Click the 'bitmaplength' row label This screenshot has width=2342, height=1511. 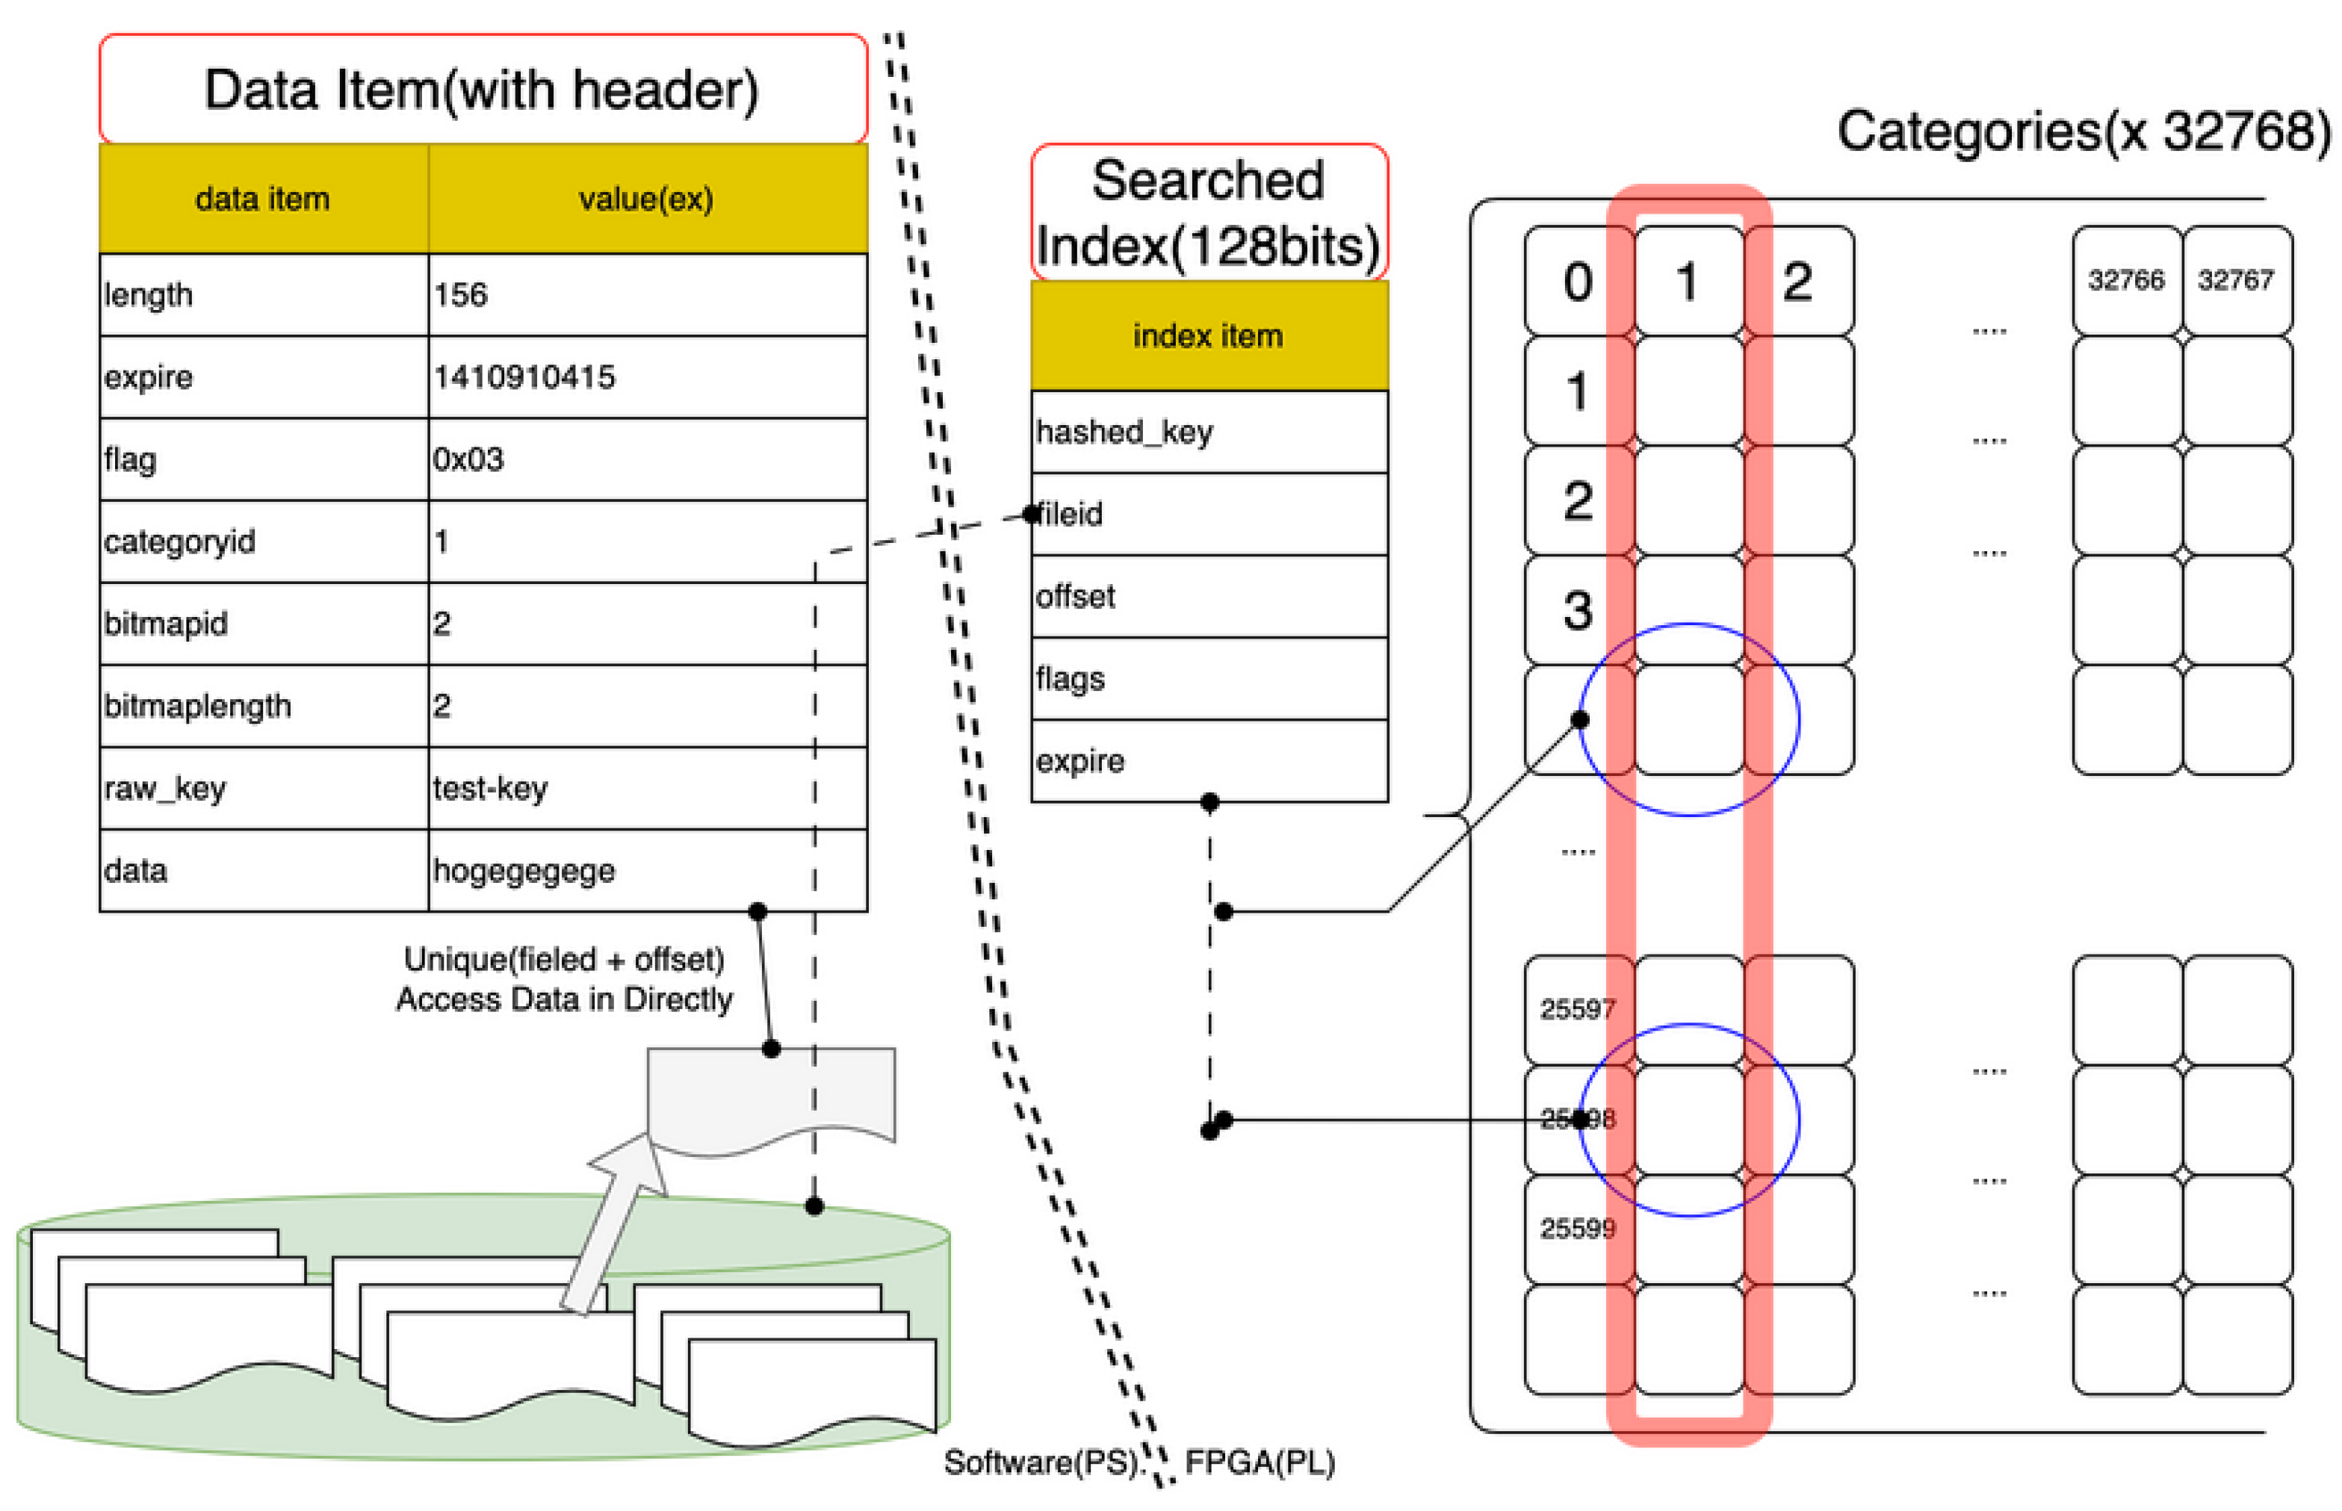point(197,706)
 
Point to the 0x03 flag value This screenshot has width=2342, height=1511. point(468,459)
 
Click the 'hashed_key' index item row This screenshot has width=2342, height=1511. point(1124,432)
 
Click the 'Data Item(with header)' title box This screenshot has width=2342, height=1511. point(482,90)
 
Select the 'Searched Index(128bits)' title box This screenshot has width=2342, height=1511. point(1208,213)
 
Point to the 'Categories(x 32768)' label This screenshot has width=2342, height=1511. point(2082,131)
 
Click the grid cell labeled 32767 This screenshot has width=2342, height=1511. point(2235,281)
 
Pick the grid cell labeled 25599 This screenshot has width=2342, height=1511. point(1577,1229)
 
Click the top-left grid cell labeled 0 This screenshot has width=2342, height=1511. point(1578,282)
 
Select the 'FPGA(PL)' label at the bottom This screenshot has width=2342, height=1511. point(1260,1463)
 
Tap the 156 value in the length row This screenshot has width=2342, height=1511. point(460,294)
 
